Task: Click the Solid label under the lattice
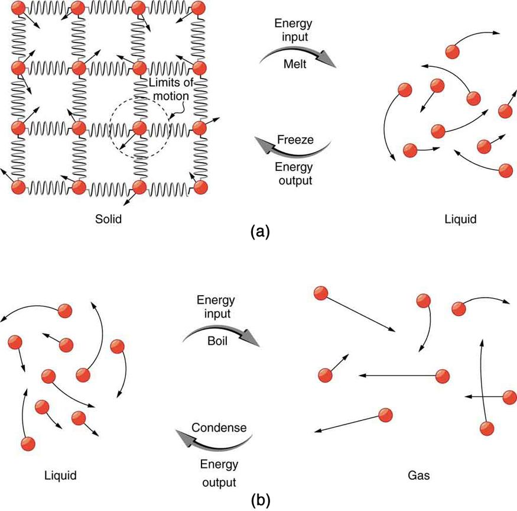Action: point(109,219)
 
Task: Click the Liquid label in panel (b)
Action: point(61,475)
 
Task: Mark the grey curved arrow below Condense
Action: point(216,441)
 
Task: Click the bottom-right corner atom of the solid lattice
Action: point(201,187)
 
